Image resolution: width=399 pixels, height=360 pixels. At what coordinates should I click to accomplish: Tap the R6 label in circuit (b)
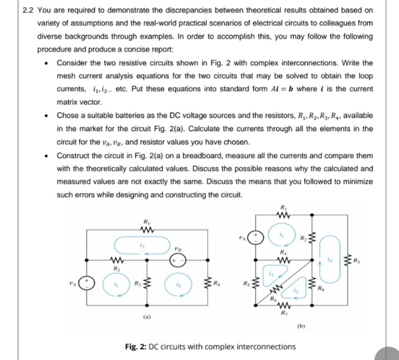(x=274, y=298)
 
